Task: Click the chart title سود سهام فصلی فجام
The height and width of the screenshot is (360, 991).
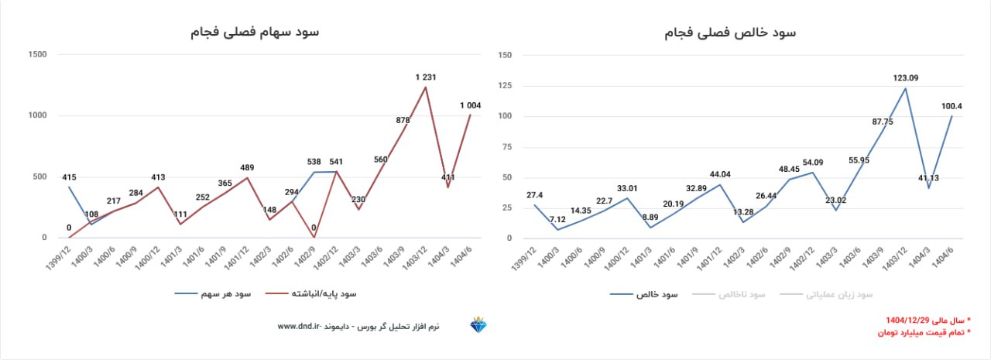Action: (255, 32)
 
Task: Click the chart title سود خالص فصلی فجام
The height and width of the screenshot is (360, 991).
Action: (730, 33)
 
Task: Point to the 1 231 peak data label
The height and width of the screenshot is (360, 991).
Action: (427, 77)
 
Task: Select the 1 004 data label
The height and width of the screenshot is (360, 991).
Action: (471, 105)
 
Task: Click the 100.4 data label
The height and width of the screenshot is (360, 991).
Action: (951, 105)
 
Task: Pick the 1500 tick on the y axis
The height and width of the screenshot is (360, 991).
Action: (36, 54)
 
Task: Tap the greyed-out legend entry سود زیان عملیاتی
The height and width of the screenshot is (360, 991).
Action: (838, 295)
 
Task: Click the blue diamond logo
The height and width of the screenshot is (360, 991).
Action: (478, 326)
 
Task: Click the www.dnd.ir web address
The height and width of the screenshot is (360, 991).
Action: (299, 327)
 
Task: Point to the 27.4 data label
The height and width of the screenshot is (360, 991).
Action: (535, 195)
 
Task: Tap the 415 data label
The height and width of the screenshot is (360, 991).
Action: (69, 177)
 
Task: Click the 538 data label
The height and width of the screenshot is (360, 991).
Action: (314, 162)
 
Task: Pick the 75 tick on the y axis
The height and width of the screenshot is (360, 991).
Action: (506, 146)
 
